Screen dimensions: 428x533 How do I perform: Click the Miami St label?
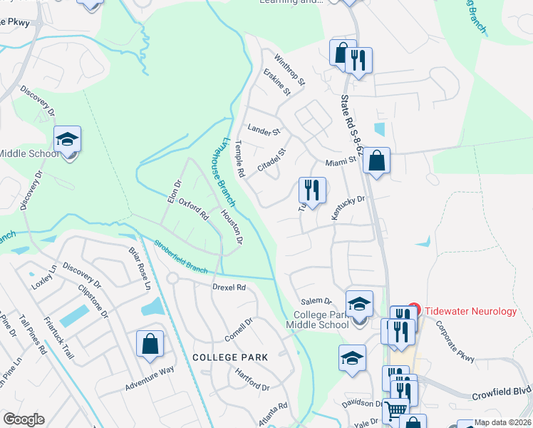[341, 162]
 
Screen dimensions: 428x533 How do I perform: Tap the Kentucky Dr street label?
[347, 207]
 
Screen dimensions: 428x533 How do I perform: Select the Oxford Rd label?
[192, 209]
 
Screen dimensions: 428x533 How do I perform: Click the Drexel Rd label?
[228, 287]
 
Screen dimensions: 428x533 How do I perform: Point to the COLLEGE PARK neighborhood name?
[229, 357]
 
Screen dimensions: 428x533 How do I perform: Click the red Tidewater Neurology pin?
[414, 310]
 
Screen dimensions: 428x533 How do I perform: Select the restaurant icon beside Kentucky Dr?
[312, 190]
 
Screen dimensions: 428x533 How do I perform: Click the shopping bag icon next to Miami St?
[376, 161]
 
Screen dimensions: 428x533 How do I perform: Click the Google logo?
[24, 419]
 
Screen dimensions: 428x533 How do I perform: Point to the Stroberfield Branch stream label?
[181, 256]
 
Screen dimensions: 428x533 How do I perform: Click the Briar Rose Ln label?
[140, 268]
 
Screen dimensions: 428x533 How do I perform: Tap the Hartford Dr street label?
[252, 382]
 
